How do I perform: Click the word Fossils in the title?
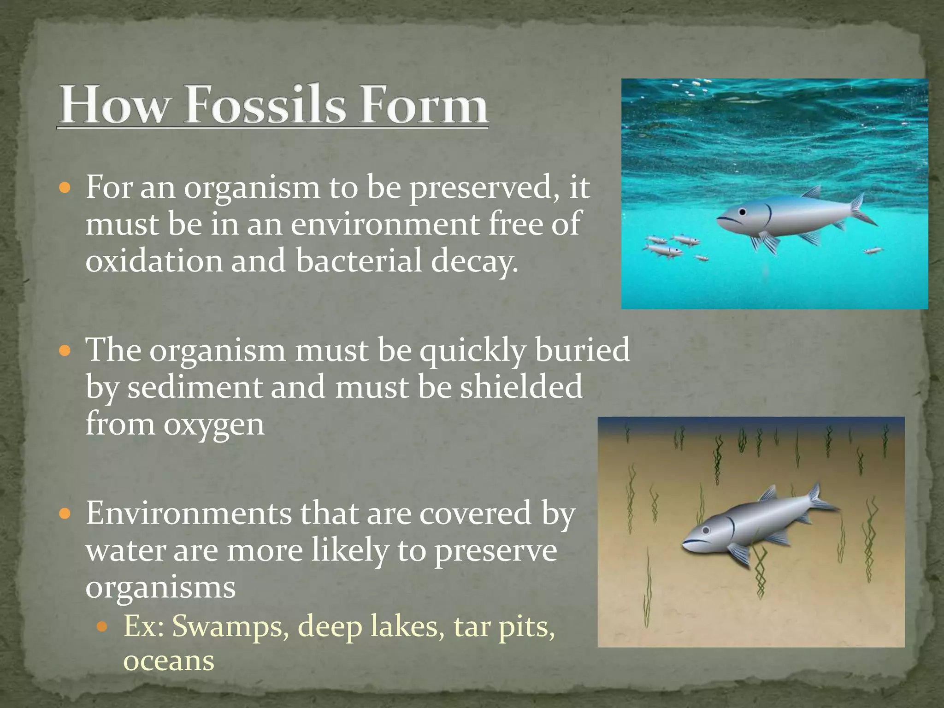[x=265, y=105]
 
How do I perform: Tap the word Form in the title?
[x=424, y=105]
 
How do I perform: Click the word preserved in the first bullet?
[x=482, y=188]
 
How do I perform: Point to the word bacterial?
[x=359, y=260]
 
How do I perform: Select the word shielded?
[x=521, y=387]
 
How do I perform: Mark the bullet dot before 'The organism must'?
[x=65, y=351]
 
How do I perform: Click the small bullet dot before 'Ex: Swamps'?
[x=102, y=627]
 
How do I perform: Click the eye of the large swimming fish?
[x=742, y=212]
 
